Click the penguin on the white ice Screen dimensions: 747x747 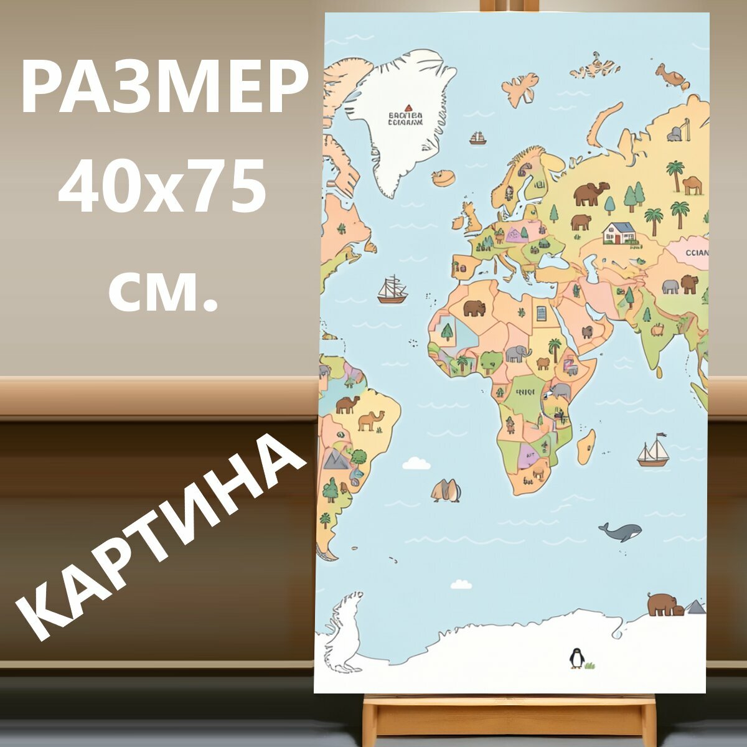pyautogui.click(x=576, y=658)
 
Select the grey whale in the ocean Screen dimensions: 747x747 pyautogui.click(x=621, y=532)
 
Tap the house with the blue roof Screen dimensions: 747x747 pyautogui.click(x=619, y=233)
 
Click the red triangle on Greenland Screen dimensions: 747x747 pyautogui.click(x=408, y=108)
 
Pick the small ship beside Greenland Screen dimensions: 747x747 pyautogui.click(x=477, y=138)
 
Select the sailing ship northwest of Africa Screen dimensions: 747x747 pyautogui.click(x=392, y=290)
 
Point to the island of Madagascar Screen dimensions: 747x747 pyautogui.click(x=586, y=447)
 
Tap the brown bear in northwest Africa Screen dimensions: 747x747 pyautogui.click(x=474, y=308)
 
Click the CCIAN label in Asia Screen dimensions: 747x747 pyautogui.click(x=696, y=253)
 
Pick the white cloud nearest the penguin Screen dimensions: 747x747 pyautogui.click(x=461, y=584)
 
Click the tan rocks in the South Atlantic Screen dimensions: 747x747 pyautogui.click(x=446, y=491)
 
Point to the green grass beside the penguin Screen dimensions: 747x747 pyautogui.click(x=590, y=665)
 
